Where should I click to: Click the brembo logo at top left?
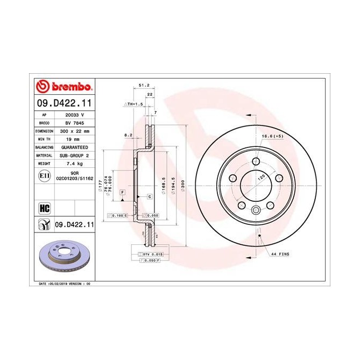point(64,87)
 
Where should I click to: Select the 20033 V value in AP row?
point(75,115)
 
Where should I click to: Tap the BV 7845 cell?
point(75,123)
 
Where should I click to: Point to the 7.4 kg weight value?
point(75,163)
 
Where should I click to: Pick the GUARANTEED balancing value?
point(76,146)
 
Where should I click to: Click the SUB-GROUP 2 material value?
point(76,154)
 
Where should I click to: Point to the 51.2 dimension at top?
point(144,85)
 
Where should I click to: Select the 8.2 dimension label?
point(128,135)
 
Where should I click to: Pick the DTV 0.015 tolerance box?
point(152,253)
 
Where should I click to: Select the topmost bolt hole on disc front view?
point(256,163)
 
